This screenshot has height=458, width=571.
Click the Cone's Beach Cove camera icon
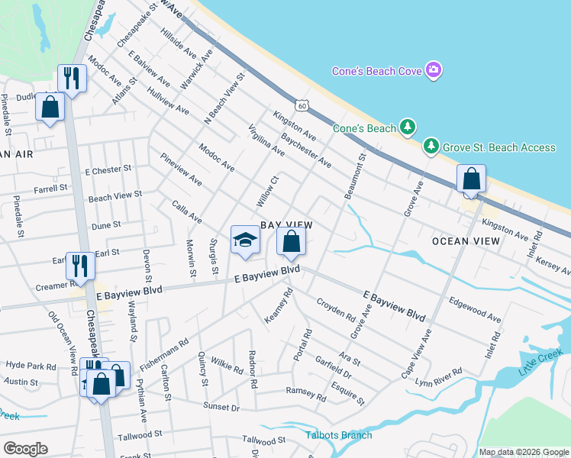click(x=434, y=71)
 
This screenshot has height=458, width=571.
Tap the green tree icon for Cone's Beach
click(x=408, y=127)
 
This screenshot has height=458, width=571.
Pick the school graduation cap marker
click(x=245, y=240)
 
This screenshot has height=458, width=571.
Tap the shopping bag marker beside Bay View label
click(x=291, y=242)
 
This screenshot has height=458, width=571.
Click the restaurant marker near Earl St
click(x=79, y=266)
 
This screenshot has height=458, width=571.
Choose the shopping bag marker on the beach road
click(x=471, y=179)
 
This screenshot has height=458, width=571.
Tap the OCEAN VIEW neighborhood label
click(x=466, y=241)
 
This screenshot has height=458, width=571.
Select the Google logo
click(x=25, y=449)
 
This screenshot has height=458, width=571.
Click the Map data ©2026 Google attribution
click(x=523, y=452)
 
